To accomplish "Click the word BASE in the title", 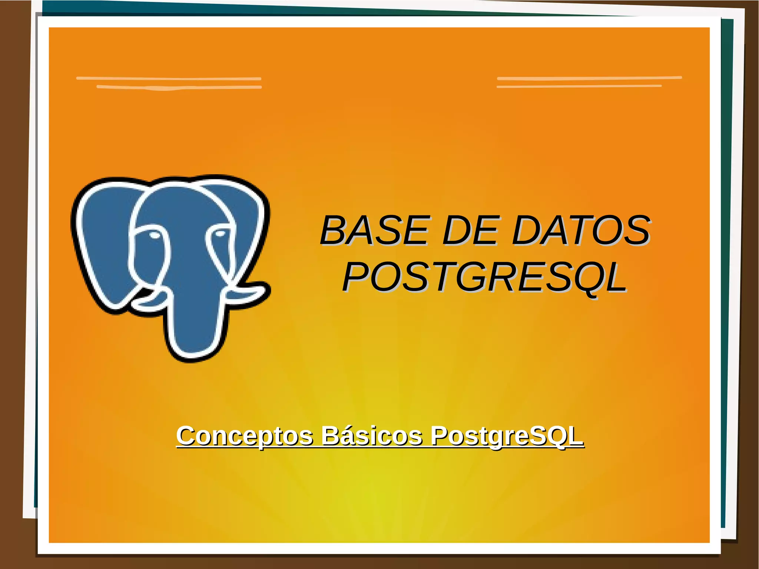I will point(375,231).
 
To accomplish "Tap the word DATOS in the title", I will point(581,231).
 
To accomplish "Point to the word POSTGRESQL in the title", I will point(484,277).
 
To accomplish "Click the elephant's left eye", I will point(153,235).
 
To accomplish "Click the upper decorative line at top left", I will point(169,79).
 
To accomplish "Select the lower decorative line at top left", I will point(179,87).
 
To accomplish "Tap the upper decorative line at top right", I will point(589,78).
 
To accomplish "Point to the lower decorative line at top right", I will point(579,86).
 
